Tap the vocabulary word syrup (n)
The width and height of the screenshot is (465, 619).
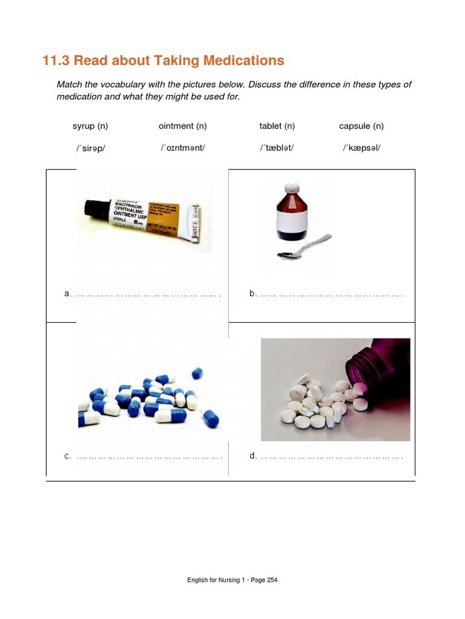coord(90,126)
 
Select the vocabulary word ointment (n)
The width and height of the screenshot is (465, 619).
coord(183,126)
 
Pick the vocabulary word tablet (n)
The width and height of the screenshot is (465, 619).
coord(277,126)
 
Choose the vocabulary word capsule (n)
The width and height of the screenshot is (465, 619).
coord(361,126)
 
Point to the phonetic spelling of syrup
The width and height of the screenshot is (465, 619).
coord(90,147)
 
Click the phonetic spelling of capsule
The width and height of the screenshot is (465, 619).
coord(361,147)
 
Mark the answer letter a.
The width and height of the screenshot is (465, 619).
coord(67,294)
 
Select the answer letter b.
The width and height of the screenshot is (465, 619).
coord(252,294)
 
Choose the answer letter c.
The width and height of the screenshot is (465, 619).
coord(67,456)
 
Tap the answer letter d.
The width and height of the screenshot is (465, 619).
coord(252,456)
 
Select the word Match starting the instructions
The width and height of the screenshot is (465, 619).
coord(70,85)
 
